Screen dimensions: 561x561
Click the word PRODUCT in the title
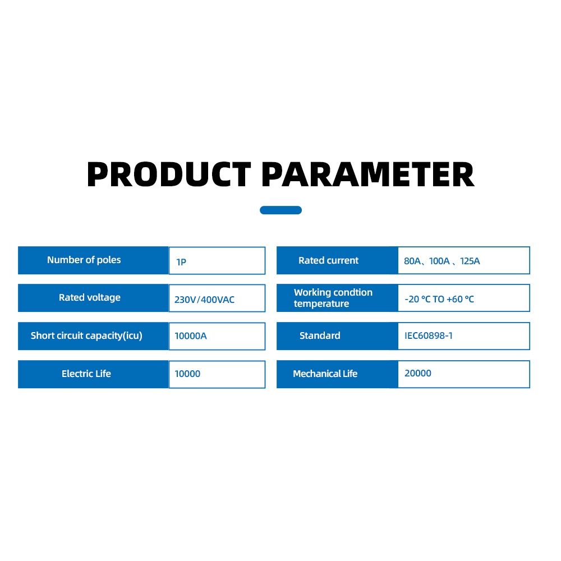169,174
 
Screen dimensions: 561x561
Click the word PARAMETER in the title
368,174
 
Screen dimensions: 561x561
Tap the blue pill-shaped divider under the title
281,210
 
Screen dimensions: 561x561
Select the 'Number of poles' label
84,260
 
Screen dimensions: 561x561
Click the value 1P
181,262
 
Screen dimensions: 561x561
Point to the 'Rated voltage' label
89,297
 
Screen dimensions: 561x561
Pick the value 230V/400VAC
204,300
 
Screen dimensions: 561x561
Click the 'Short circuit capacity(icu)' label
86,335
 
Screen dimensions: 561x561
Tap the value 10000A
191,336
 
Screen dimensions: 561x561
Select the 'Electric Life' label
86,374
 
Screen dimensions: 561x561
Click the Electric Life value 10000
187,374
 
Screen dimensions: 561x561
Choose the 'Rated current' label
328,260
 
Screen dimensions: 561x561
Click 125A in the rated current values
470,261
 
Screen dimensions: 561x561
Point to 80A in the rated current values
412,261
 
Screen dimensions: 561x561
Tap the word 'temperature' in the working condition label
321,304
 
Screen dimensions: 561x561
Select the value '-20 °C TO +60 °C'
439,299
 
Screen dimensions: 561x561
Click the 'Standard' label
320,335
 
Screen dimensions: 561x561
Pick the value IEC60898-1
429,335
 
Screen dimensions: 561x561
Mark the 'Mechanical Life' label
325,374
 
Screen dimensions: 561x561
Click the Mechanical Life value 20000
418,373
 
